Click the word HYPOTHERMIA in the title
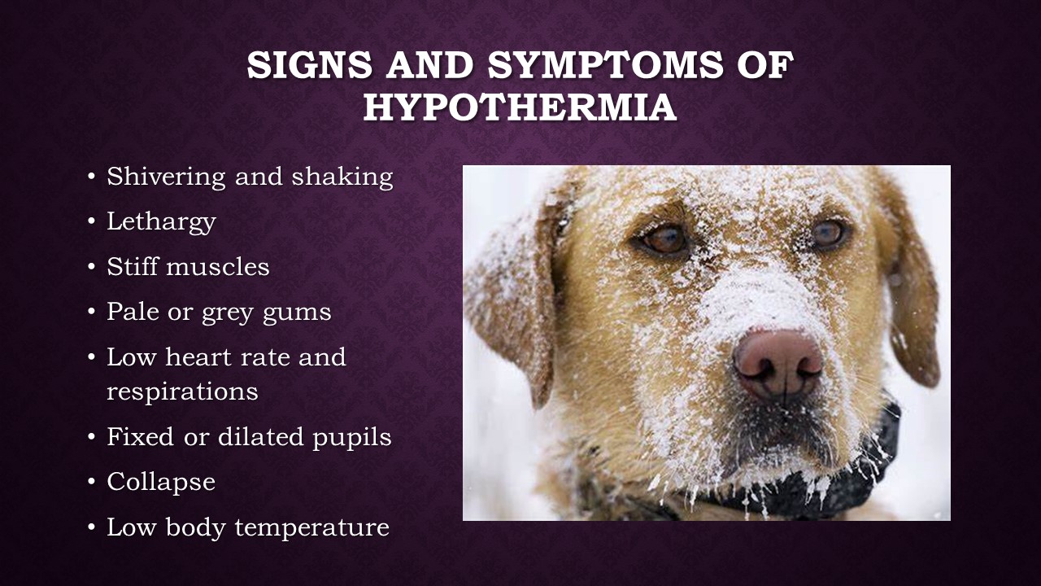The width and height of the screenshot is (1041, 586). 520,107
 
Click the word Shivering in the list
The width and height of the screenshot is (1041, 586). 166,177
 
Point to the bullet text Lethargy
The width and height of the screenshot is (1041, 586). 161,222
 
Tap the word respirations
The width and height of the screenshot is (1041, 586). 182,391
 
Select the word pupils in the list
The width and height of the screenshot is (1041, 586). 352,438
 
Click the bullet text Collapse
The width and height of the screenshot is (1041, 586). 161,481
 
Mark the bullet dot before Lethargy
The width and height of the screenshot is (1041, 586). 92,222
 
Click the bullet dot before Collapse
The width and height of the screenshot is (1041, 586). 92,482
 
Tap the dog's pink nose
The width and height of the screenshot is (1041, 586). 777,364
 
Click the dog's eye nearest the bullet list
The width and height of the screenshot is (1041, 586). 664,239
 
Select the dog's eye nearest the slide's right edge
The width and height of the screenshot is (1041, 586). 828,234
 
